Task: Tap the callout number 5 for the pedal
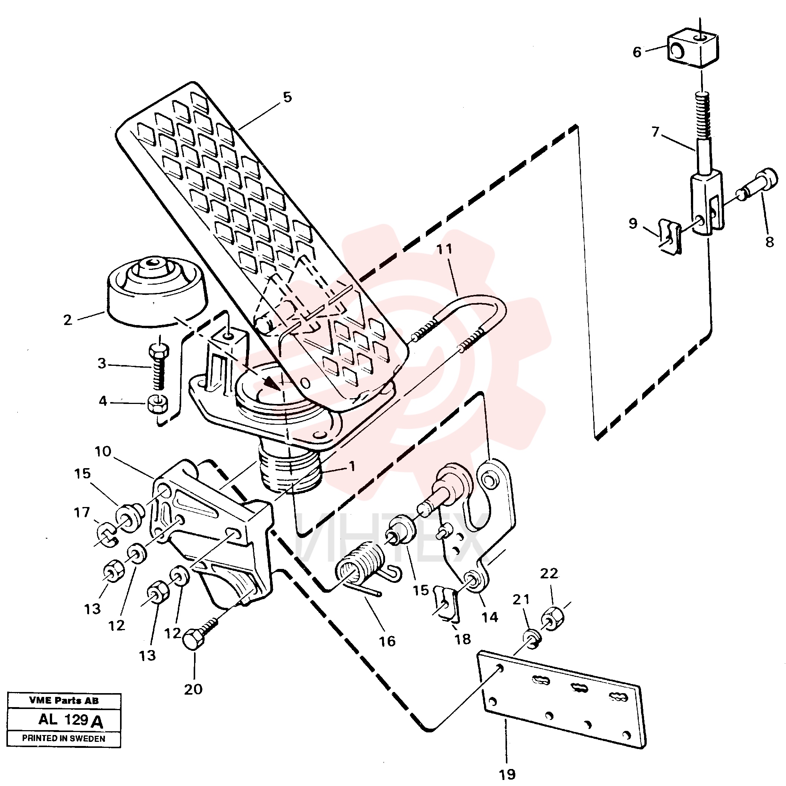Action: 287,98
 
